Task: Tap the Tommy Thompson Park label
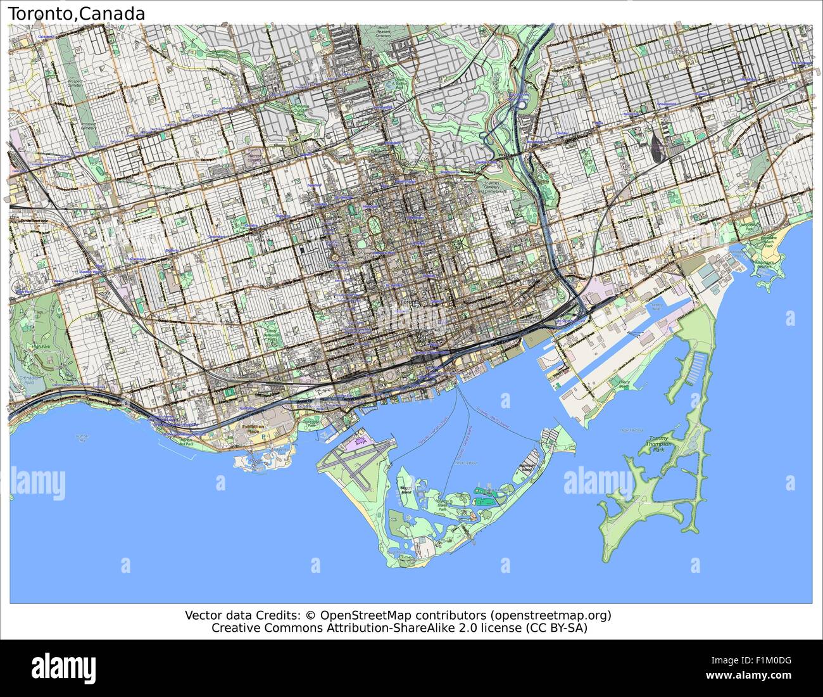click(662, 443)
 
